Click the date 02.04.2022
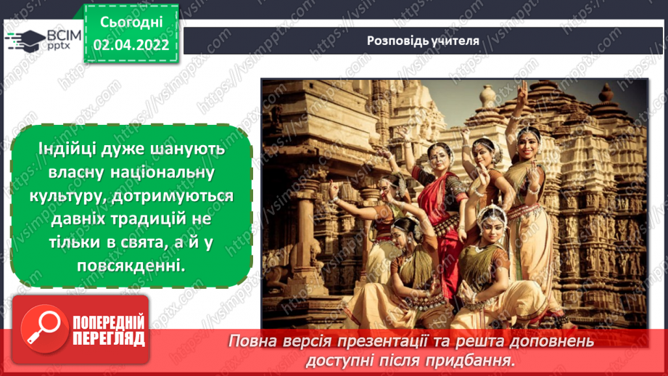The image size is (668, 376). tap(131, 45)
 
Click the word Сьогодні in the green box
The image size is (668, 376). tap(131, 23)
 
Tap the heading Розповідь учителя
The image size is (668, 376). tap(422, 40)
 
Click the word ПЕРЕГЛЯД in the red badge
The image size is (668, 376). tap(107, 338)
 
